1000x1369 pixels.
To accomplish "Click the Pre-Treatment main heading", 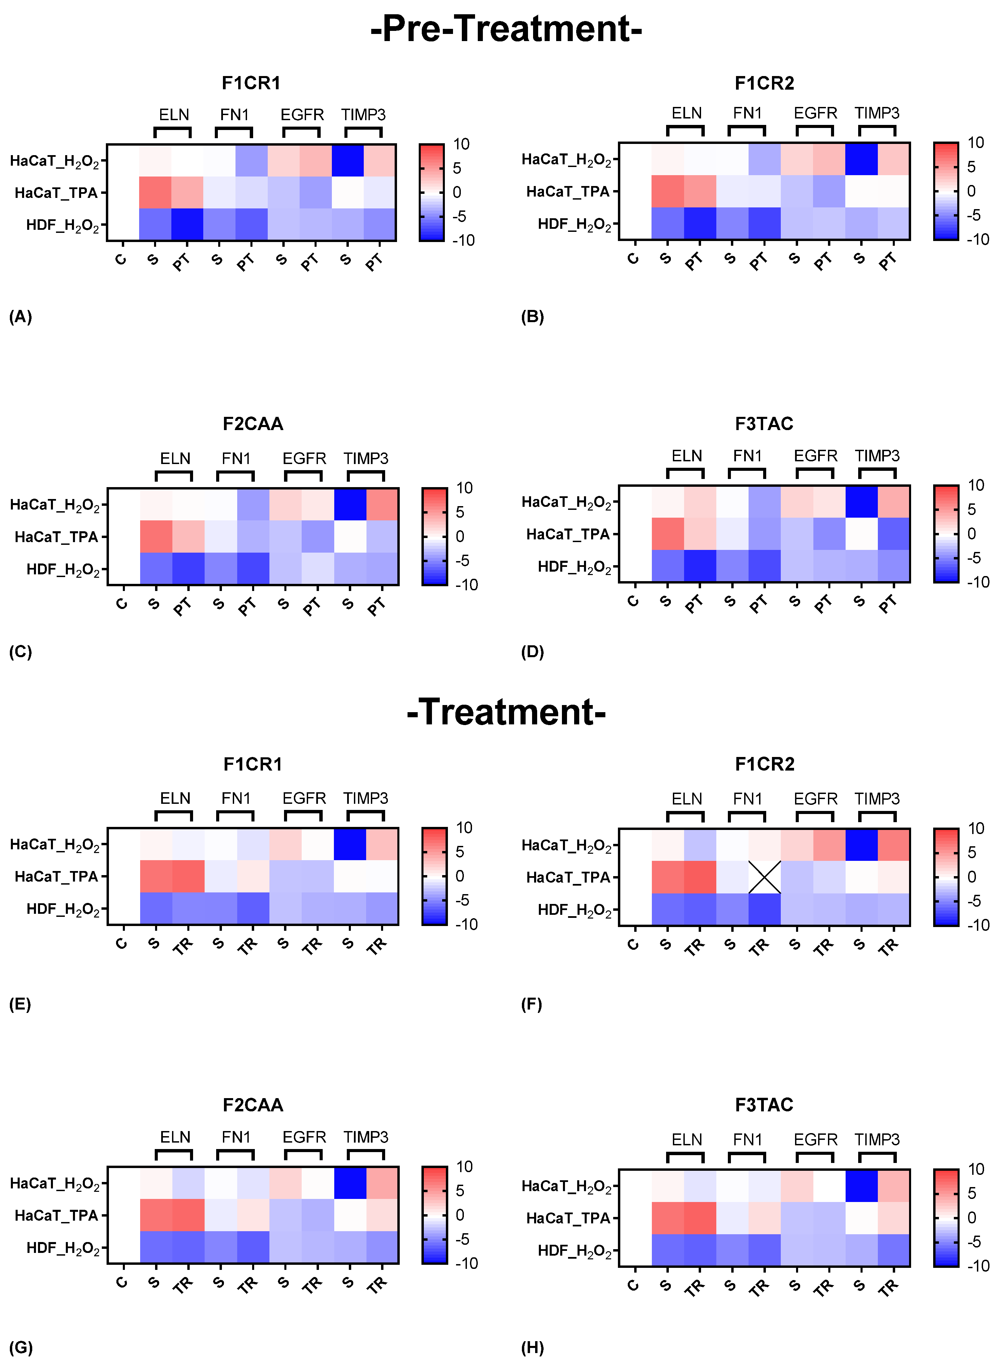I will click(x=506, y=29).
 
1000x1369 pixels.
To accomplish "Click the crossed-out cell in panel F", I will click(x=765, y=877).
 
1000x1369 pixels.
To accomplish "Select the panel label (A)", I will click(x=21, y=317).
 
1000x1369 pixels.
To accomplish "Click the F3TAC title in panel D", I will click(x=764, y=424).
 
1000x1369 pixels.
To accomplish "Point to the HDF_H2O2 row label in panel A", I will click(x=62, y=225).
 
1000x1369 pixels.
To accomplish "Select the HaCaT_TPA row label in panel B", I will click(x=567, y=192).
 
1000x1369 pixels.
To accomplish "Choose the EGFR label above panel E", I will click(x=304, y=799).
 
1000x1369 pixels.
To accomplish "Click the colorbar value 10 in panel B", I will click(x=975, y=143).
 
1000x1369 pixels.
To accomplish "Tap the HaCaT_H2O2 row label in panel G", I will click(x=55, y=1184).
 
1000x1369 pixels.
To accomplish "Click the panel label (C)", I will click(x=21, y=652).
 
